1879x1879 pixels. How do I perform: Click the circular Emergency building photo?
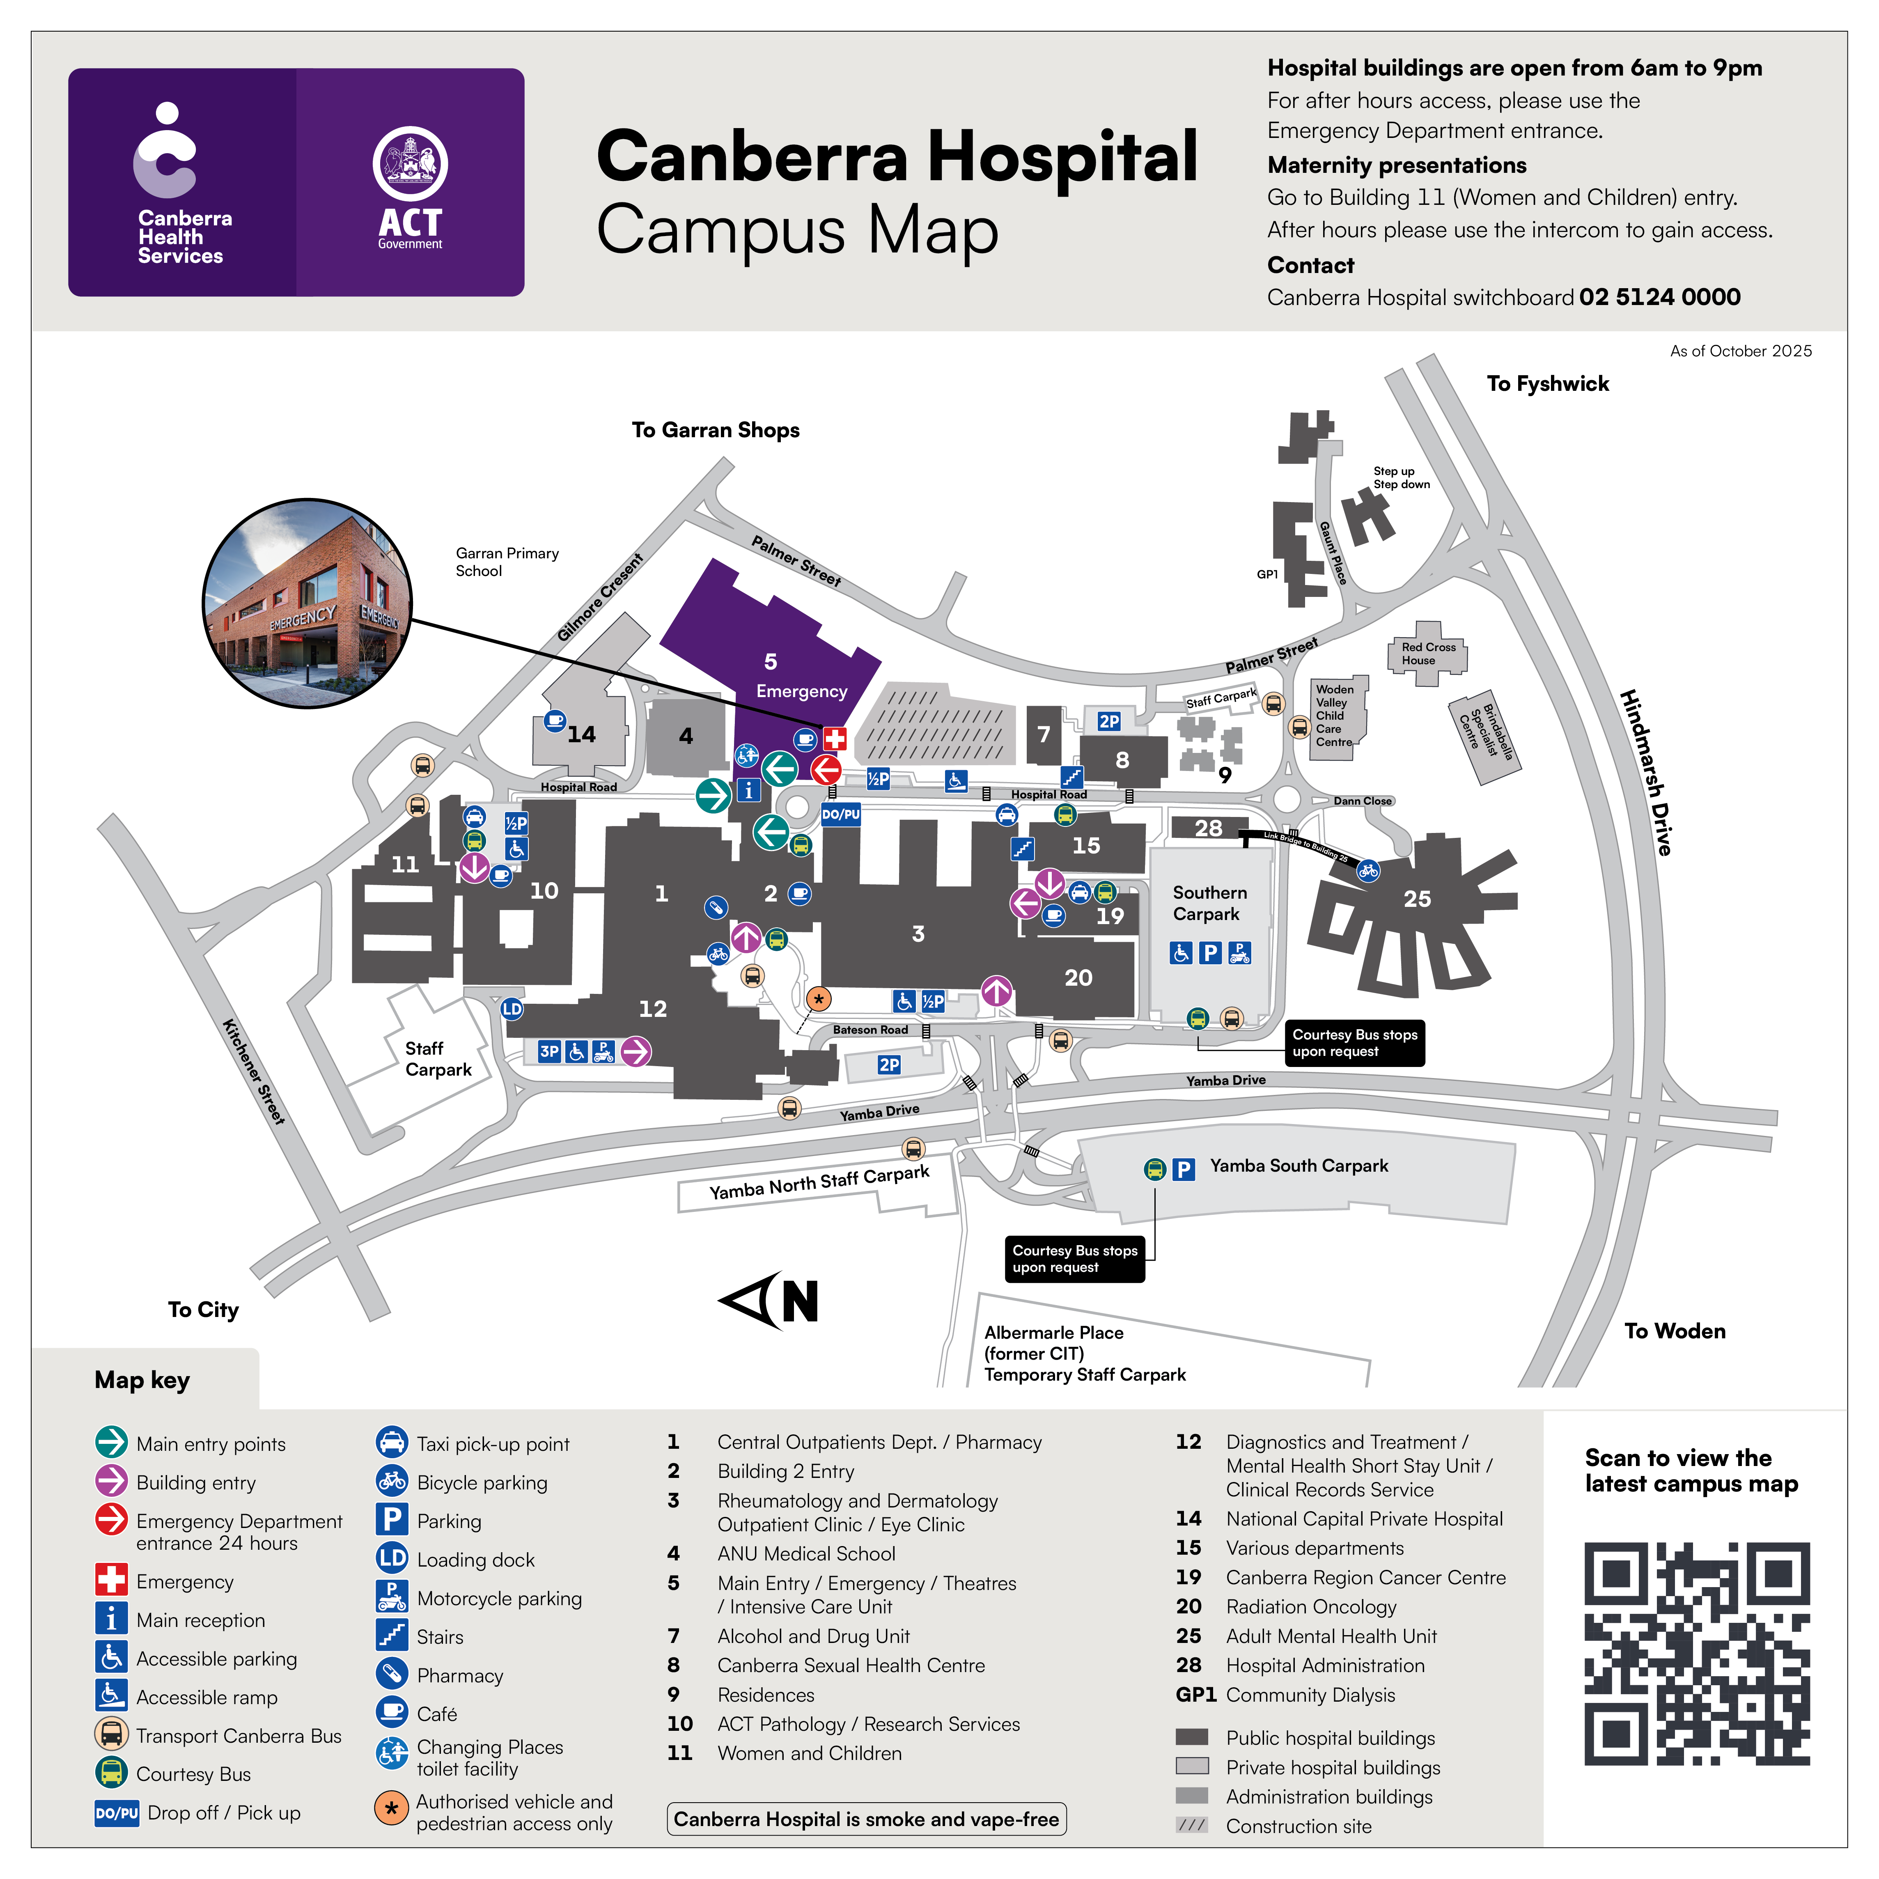307,603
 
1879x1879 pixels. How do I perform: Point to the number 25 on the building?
1417,899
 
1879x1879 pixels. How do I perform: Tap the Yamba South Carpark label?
1299,1165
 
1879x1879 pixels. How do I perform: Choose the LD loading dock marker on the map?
512,1009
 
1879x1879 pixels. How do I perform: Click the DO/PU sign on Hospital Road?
840,814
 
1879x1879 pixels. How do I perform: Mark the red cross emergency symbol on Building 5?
835,738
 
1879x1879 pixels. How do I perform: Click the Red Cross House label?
1428,654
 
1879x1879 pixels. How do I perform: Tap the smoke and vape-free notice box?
865,1819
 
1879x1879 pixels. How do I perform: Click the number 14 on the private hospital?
582,734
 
